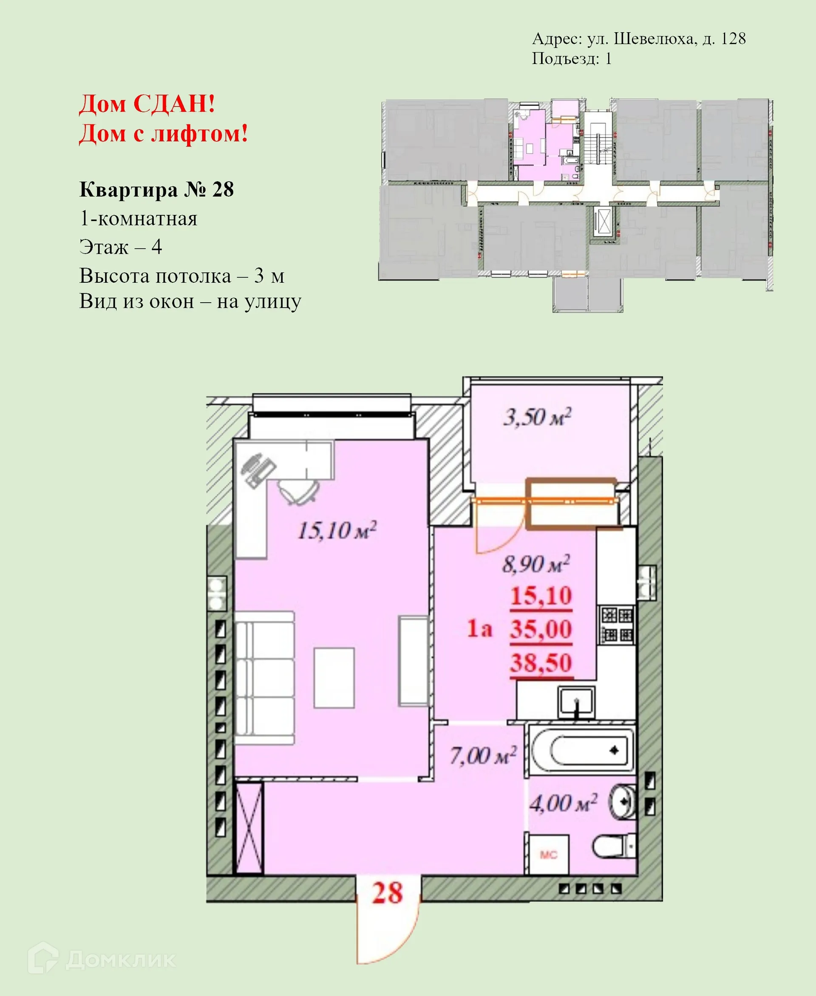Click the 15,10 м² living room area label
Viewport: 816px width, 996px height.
[x=337, y=531]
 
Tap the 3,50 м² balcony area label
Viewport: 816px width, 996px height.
[x=537, y=417]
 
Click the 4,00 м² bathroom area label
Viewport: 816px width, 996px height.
[x=563, y=804]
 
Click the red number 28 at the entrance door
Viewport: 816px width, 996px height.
[x=387, y=893]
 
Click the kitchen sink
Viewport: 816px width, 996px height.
[x=577, y=703]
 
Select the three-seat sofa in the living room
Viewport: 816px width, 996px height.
[x=264, y=677]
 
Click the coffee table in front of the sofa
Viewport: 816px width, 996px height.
[x=334, y=678]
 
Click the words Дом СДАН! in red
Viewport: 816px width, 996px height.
[x=147, y=104]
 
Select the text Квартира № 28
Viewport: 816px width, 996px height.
[x=156, y=190]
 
